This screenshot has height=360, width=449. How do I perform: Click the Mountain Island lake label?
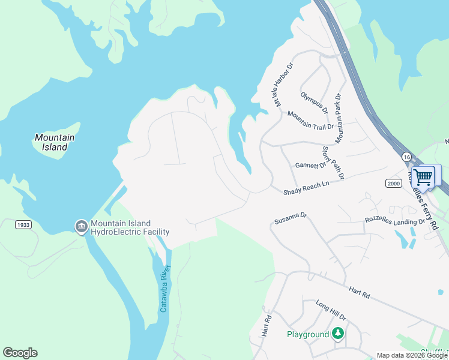point(55,142)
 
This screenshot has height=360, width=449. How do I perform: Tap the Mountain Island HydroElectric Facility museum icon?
point(81,226)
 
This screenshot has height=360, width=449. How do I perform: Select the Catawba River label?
point(164,289)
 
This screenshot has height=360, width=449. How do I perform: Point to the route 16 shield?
point(407,156)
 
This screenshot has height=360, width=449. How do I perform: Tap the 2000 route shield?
point(393,183)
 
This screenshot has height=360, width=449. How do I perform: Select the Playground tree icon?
point(339,334)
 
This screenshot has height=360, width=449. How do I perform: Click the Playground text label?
point(307,334)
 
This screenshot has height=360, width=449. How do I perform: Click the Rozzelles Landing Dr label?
point(395,220)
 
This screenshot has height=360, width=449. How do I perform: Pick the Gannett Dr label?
point(310,165)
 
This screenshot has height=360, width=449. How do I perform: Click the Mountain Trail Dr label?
point(310,120)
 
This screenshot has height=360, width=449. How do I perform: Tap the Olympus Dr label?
point(315,102)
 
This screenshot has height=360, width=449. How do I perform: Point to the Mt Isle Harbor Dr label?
point(283,85)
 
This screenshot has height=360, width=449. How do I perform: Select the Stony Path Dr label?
point(333,163)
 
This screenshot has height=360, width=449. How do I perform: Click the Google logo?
point(20,353)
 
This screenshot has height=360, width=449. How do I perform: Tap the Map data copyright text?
point(411,355)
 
